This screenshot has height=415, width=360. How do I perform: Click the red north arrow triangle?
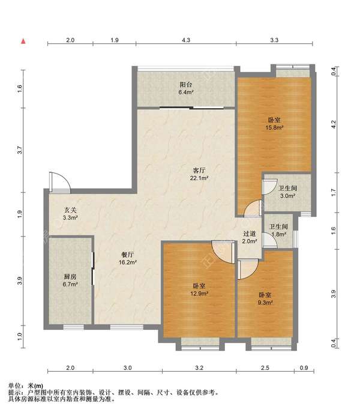tap(23, 41)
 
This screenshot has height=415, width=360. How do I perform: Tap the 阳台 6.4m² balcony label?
tap(186, 88)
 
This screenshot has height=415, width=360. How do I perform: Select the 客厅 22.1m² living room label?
tap(199, 174)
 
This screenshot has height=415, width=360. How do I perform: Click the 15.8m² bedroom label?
tap(274, 124)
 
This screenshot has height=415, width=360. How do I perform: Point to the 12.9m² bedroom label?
tap(199, 289)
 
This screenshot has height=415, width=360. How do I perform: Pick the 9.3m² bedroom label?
tap(265, 298)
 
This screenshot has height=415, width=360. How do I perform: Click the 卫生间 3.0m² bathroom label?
tap(287, 192)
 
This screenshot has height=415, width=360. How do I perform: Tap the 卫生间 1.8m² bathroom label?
tap(278, 230)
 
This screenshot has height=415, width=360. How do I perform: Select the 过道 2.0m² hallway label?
tap(250, 237)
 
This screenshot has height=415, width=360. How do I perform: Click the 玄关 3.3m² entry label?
tap(70, 214)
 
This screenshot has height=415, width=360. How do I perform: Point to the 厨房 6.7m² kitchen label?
tap(70, 280)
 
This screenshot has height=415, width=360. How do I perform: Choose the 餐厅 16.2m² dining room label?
tap(127, 258)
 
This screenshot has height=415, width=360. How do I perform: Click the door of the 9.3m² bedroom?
tap(248, 269)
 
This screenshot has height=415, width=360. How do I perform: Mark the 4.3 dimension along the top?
tap(186, 40)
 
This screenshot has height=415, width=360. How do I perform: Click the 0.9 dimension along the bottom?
tap(304, 368)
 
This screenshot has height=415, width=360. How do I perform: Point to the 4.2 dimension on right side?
tap(334, 124)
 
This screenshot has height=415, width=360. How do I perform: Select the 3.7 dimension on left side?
tap(19, 150)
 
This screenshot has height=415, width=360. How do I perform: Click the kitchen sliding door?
tap(93, 268)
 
